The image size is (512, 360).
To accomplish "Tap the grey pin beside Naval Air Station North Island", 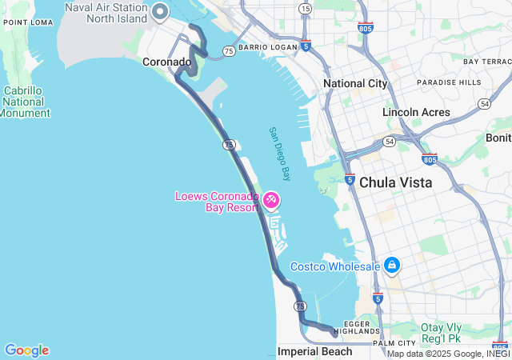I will pyautogui.click(x=159, y=12).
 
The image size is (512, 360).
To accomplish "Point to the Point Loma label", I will pyautogui.click(x=27, y=22).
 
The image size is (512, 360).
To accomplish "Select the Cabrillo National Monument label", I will pyautogui.click(x=24, y=102).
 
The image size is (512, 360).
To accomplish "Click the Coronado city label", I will pyautogui.click(x=166, y=62).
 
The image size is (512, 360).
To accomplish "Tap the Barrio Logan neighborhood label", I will pyautogui.click(x=267, y=48).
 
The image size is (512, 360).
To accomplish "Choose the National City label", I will pyautogui.click(x=355, y=83).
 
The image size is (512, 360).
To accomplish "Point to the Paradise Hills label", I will pyautogui.click(x=449, y=82).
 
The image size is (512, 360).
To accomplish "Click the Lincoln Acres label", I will pyautogui.click(x=416, y=113).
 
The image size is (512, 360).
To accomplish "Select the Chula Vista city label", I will pyautogui.click(x=395, y=182).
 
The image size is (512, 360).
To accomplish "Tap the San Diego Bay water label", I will pyautogui.click(x=279, y=153).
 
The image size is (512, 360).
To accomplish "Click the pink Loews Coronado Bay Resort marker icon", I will pyautogui.click(x=271, y=199).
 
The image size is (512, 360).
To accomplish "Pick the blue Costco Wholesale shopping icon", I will pyautogui.click(x=392, y=264).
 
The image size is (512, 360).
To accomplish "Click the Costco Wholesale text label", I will pyautogui.click(x=334, y=266).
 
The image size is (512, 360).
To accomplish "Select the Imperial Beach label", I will pyautogui.click(x=314, y=351).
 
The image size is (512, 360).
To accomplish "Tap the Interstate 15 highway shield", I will pyautogui.click(x=305, y=8).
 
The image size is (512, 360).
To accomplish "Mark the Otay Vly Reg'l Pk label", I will pyautogui.click(x=453, y=332).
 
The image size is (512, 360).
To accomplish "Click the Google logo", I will pyautogui.click(x=26, y=350).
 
